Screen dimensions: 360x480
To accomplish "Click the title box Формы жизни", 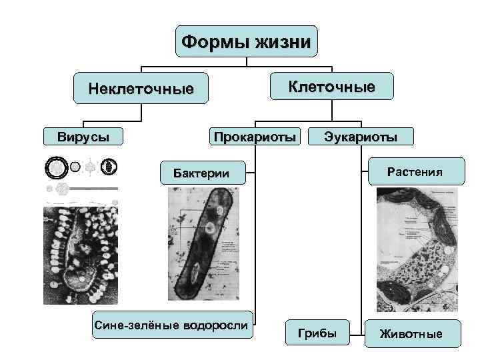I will pos(246,43).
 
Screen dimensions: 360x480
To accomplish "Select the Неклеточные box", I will pos(141,89).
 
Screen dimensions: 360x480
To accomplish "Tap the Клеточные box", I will pos(331,87).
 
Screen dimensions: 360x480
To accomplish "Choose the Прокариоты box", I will pos(253,137).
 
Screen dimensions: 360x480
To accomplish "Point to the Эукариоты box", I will pos(360,137).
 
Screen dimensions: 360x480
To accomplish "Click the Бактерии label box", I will pos(201,174).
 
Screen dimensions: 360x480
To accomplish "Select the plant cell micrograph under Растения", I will pos(417,247).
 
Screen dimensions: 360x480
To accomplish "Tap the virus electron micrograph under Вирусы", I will pos(81,254).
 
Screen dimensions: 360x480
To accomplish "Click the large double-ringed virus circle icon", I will pos(56,167).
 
